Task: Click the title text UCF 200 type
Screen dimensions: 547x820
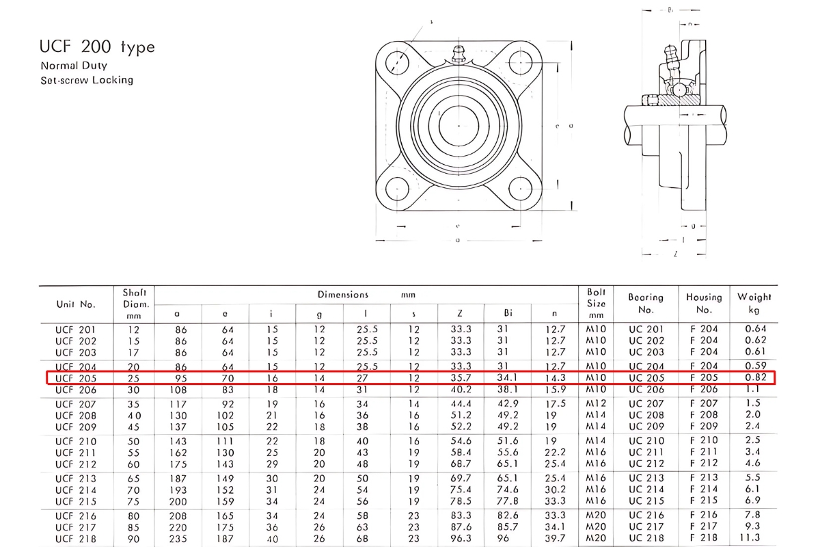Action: [x=97, y=47]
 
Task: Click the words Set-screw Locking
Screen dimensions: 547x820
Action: [x=87, y=80]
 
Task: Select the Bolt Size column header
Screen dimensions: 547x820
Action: [x=597, y=303]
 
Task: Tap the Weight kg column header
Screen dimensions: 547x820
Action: [x=754, y=303]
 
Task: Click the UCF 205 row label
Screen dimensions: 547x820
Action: [x=76, y=378]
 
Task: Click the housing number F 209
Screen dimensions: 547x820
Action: [x=704, y=427]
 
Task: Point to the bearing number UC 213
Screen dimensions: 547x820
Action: [x=646, y=478]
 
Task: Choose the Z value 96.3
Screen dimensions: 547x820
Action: [x=461, y=539]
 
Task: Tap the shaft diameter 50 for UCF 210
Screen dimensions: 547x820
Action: [x=133, y=441]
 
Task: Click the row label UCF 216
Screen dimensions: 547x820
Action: [x=76, y=516]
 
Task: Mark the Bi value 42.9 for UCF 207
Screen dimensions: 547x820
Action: [x=508, y=404]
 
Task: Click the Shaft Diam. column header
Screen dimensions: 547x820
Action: [x=135, y=304]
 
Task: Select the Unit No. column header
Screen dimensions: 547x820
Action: [x=76, y=304]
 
